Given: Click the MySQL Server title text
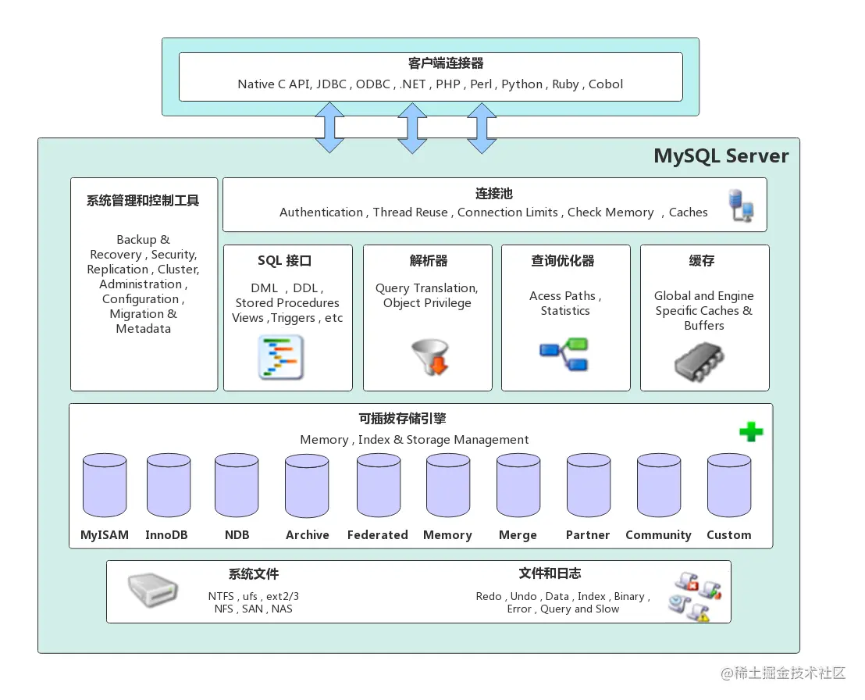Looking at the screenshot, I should tap(721, 156).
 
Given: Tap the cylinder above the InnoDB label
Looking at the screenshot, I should tap(169, 486).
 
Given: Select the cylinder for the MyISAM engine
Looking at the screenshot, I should tap(105, 486).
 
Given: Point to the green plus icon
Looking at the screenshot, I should tap(751, 432).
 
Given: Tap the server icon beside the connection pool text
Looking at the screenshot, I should tap(741, 205).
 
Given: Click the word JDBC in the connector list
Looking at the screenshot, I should tap(331, 84).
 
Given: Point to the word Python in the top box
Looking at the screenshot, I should tap(522, 84).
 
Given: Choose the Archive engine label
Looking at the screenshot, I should tap(307, 535).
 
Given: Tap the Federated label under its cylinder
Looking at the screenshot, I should tap(378, 535).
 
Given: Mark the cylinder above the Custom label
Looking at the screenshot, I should tap(729, 486).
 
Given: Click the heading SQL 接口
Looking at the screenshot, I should tap(285, 261).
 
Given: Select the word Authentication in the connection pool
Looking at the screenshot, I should tap(321, 212).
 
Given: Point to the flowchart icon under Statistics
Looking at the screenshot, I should tap(564, 354).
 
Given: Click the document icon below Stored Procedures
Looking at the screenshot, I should tap(280, 357).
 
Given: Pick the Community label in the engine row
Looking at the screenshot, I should tap(658, 535).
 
